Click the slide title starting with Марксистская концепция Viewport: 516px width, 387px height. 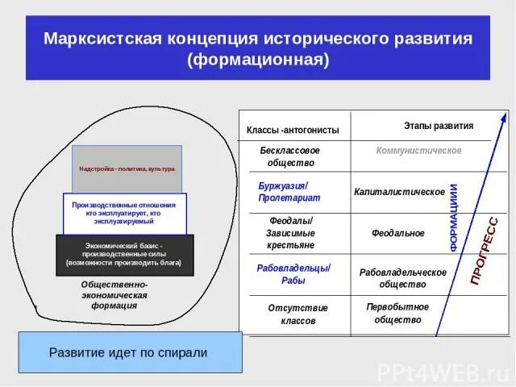point(257,49)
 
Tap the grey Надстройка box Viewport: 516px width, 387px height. point(127,169)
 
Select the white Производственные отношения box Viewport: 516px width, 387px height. point(124,213)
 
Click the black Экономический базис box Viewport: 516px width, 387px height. point(124,253)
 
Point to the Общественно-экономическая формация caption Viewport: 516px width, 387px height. point(114,295)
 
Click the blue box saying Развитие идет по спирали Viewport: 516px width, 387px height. point(129,352)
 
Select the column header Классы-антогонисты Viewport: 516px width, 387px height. point(293,130)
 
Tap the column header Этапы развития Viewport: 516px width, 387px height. point(438,126)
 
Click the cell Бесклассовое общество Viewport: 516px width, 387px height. point(290,156)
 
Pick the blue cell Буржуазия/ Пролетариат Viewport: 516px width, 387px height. point(289,192)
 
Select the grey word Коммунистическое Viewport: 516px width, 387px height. point(418,151)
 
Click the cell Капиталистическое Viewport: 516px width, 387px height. point(400,192)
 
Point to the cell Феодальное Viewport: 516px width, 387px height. point(398,233)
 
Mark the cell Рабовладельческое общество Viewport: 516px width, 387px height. point(403,278)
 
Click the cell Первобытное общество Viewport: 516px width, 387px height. point(397,313)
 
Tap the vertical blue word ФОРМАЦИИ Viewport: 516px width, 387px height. point(455,218)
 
